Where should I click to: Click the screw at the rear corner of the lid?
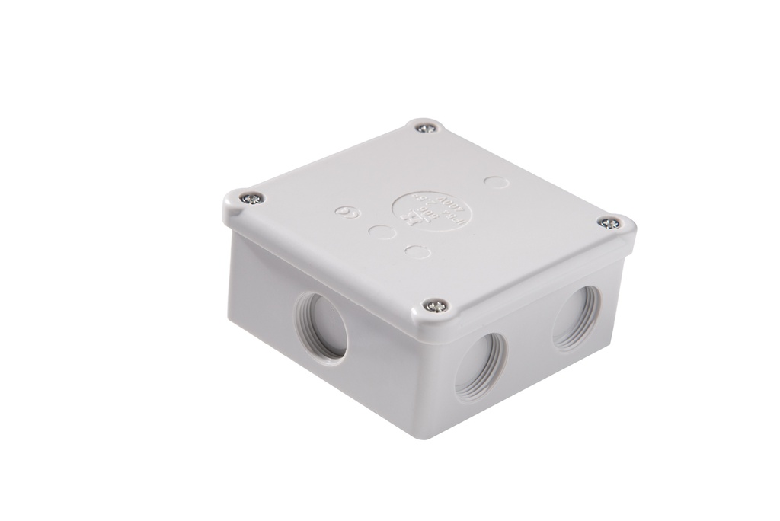coord(427,128)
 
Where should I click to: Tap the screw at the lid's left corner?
coord(251,199)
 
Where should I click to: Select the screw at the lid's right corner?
coord(609,223)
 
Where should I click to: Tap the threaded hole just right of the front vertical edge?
coord(481,365)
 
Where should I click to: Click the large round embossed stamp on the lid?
coord(431,209)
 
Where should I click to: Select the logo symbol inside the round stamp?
coord(411,219)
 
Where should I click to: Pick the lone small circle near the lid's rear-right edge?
coord(494,183)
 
